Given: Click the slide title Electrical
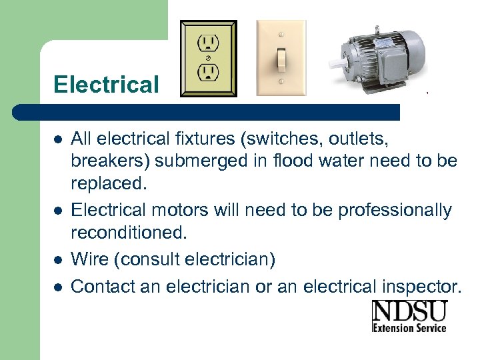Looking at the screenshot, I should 106,85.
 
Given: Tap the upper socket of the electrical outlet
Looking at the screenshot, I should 208,43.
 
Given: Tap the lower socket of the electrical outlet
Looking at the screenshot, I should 208,72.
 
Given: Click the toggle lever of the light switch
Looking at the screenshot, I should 282,59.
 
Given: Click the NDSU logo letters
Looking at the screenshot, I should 409,312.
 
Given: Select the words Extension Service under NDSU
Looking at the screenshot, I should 409,327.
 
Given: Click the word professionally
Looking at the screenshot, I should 395,210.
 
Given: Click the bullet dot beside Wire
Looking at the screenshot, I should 58,259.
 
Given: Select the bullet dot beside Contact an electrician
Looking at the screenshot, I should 58,287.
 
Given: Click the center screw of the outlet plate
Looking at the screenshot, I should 208,57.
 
